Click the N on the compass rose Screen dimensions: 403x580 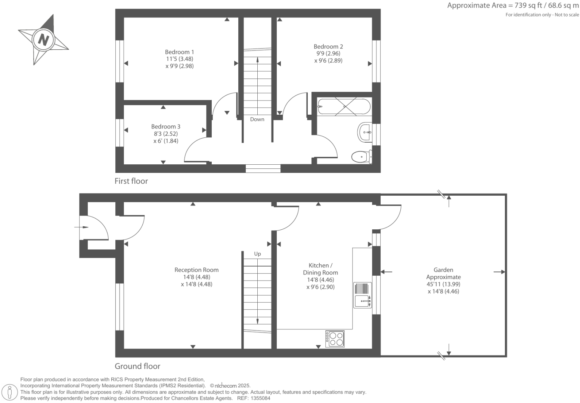pyautogui.click(x=44, y=39)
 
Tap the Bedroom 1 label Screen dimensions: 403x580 pyautogui.click(x=179, y=52)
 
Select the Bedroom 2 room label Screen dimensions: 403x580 pyautogui.click(x=328, y=47)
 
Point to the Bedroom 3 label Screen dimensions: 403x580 pyautogui.click(x=165, y=127)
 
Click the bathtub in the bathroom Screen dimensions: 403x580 pyautogui.click(x=344, y=106)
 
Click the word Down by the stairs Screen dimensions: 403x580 pyautogui.click(x=257, y=120)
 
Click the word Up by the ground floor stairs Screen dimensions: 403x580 pyautogui.click(x=257, y=254)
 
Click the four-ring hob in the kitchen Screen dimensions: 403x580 pyautogui.click(x=335, y=339)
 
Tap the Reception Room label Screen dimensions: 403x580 pyautogui.click(x=196, y=270)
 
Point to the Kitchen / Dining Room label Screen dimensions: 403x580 pyautogui.click(x=320, y=269)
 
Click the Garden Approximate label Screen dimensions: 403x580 pyautogui.click(x=443, y=273)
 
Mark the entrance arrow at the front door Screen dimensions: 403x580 pyautogui.click(x=81, y=227)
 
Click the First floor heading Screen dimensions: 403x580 pyautogui.click(x=131, y=181)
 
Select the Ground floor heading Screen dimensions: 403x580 pyautogui.click(x=137, y=366)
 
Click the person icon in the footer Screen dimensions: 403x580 pyautogui.click(x=10, y=392)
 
